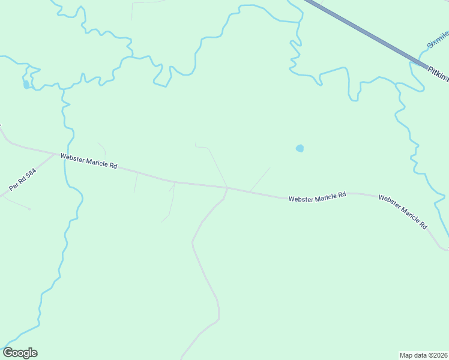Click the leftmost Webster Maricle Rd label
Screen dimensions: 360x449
tap(88, 160)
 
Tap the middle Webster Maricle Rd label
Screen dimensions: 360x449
tap(317, 197)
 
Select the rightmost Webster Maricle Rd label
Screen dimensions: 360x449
tap(403, 211)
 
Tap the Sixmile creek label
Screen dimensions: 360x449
tap(438, 40)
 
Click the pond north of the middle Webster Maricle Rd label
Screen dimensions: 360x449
tap(300, 148)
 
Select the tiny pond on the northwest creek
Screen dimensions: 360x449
tap(26, 85)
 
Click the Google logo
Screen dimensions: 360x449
tap(20, 353)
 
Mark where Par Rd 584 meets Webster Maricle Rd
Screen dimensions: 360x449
tap(55, 153)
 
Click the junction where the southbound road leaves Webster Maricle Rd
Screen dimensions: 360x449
tap(228, 188)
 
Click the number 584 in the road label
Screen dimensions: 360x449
tap(32, 173)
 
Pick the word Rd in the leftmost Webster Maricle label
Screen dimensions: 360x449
tap(113, 165)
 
